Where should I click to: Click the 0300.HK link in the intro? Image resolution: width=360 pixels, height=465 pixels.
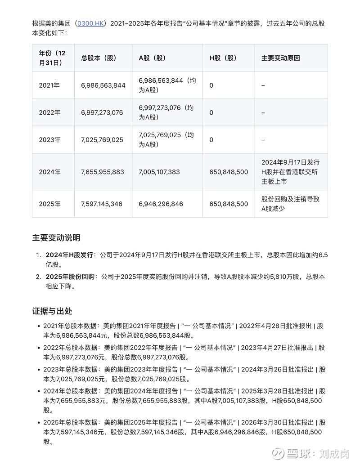pyautogui.click(x=90, y=23)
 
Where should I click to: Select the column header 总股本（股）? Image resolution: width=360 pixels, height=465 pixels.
pyautogui.click(x=99, y=58)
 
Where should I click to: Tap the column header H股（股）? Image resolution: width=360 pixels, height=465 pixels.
pyautogui.click(x=223, y=58)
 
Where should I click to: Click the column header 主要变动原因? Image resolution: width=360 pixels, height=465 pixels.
pyautogui.click(x=281, y=58)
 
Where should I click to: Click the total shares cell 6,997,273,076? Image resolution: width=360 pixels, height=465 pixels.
pyautogui.click(x=102, y=112)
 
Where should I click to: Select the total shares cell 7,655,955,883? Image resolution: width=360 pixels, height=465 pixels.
pyautogui.click(x=103, y=172)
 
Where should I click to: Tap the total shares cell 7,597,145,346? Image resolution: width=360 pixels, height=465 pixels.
pyautogui.click(x=102, y=204)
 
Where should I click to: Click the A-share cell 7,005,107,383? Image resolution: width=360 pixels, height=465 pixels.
pyautogui.click(x=159, y=172)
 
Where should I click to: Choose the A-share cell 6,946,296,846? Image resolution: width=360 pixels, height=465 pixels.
pyautogui.click(x=161, y=204)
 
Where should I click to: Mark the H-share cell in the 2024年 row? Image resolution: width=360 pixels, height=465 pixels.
pyautogui.click(x=229, y=172)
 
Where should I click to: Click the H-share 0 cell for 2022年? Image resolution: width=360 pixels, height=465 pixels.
pyautogui.click(x=211, y=112)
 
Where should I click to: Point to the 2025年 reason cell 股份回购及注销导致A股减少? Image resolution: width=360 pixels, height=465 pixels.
pyautogui.click(x=290, y=204)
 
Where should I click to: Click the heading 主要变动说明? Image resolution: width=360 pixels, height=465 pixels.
pyautogui.click(x=56, y=238)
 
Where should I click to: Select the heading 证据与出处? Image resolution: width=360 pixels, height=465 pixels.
pyautogui.click(x=52, y=311)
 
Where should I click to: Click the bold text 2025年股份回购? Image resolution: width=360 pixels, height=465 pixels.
pyautogui.click(x=70, y=277)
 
